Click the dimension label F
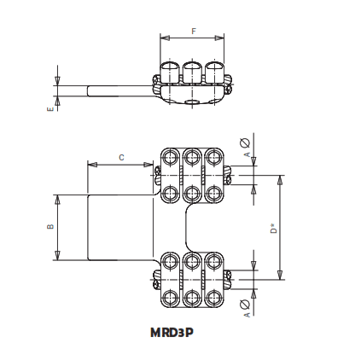tap(194, 32)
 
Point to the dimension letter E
tap(51, 108)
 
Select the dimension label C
tap(121, 157)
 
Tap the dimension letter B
tap(50, 226)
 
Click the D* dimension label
tap(272, 228)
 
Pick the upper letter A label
tap(246, 154)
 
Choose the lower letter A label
tap(246, 315)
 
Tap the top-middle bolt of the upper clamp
tap(191, 157)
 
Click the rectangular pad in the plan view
tap(124, 226)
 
